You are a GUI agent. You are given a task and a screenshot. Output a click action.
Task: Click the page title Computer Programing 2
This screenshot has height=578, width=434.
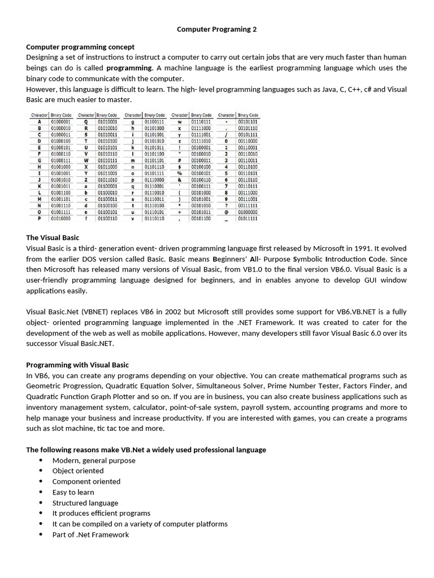tap(217, 29)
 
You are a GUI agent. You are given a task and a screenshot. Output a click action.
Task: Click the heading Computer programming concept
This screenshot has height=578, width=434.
tap(80, 47)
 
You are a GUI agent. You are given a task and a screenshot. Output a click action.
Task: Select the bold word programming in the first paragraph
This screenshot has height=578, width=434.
tap(129, 68)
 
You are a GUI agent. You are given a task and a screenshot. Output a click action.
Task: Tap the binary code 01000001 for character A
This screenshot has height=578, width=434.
tap(60, 121)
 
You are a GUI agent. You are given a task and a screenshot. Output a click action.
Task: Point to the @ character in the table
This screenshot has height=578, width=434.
tap(226, 212)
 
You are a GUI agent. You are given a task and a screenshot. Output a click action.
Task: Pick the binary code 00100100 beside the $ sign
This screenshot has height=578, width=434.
tap(201, 167)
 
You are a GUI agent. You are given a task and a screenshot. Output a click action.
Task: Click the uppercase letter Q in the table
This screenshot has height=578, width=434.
tap(85, 121)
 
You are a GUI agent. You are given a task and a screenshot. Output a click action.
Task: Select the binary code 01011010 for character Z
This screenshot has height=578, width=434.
tap(107, 179)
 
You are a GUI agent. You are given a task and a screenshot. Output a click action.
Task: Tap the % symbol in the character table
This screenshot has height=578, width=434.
tap(179, 173)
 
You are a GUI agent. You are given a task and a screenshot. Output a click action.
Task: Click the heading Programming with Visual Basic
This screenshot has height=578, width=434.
tap(77, 365)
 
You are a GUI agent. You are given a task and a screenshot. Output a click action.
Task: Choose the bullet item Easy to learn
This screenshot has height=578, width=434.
tap(73, 492)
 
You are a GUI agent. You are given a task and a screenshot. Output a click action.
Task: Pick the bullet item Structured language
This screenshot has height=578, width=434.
tap(85, 503)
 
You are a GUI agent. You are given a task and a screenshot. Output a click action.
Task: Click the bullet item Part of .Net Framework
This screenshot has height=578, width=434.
tap(91, 535)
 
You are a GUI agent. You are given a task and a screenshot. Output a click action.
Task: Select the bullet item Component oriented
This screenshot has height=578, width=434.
tap(86, 481)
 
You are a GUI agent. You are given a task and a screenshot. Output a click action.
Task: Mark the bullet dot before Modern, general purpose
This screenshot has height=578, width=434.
tap(41, 461)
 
